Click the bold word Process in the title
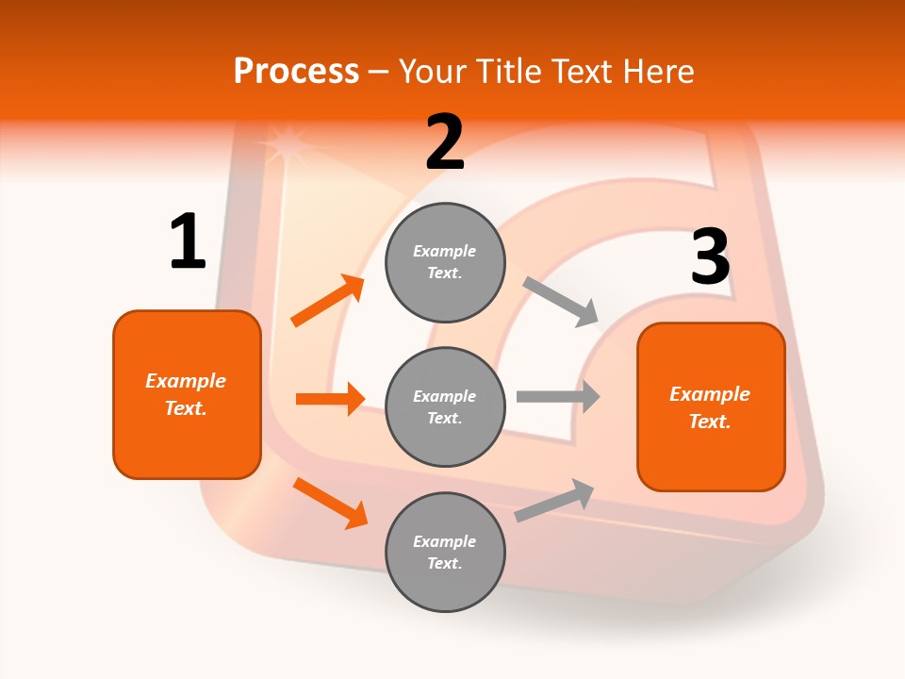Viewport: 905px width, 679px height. pos(296,71)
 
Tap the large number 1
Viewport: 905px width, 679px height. pos(188,242)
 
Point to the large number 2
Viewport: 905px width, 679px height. pos(445,143)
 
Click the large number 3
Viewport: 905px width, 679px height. pos(710,257)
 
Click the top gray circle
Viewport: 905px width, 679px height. pos(445,262)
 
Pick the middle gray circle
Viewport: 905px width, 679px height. pos(445,406)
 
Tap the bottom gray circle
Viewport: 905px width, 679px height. pos(445,552)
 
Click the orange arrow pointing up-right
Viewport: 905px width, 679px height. pos(328,301)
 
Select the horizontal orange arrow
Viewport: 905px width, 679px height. pos(330,399)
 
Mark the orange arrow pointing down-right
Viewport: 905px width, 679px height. pos(330,503)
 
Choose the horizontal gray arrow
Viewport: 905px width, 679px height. pos(558,396)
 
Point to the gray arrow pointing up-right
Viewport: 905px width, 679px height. pos(554,501)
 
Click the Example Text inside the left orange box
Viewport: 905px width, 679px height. pos(186,394)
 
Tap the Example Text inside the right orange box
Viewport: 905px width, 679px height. pos(710,407)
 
